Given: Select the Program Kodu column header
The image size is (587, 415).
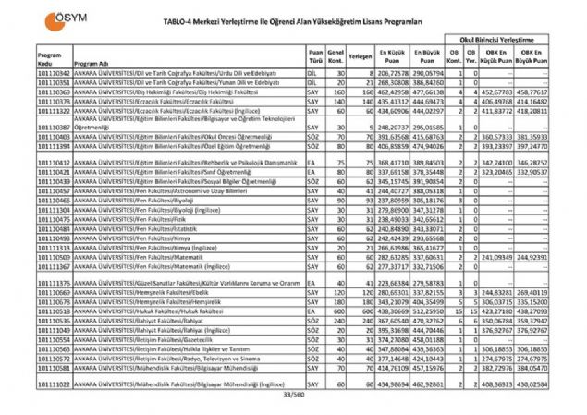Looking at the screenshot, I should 25,57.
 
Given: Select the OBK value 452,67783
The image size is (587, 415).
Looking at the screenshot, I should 498,93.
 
